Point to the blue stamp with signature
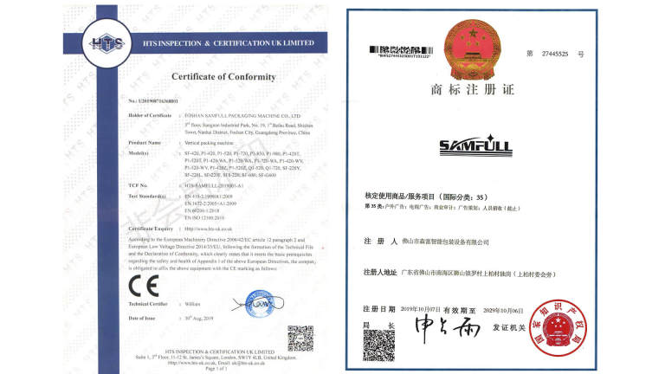pyautogui.click(x=248, y=305)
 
